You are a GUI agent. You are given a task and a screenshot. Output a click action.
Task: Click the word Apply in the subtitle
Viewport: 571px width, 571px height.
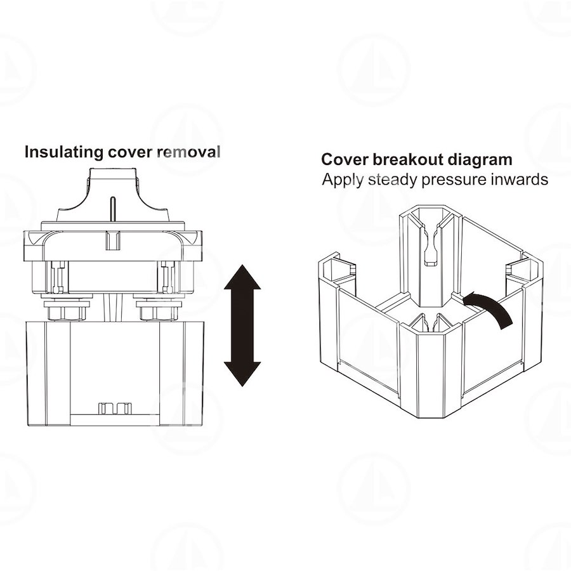click(x=343, y=180)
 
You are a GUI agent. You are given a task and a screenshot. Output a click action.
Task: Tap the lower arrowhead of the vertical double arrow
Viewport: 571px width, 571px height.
click(x=242, y=371)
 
